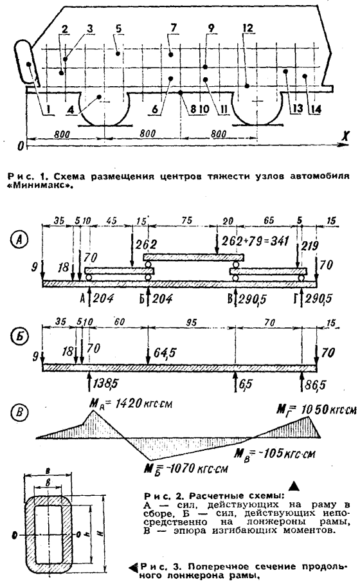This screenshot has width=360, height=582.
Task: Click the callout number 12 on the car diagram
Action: tap(248, 28)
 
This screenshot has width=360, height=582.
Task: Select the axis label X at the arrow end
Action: tap(345, 137)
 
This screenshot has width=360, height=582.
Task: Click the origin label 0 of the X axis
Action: tap(21, 146)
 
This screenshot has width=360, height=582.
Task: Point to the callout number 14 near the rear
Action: tap(316, 109)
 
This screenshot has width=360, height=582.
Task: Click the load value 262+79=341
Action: tap(255, 241)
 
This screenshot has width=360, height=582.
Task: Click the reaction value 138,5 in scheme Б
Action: tap(105, 383)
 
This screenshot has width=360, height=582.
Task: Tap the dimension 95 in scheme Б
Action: tap(190, 322)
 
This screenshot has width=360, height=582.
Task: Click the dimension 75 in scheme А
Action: tap(188, 220)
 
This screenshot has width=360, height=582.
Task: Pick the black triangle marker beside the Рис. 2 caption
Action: tap(294, 486)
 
